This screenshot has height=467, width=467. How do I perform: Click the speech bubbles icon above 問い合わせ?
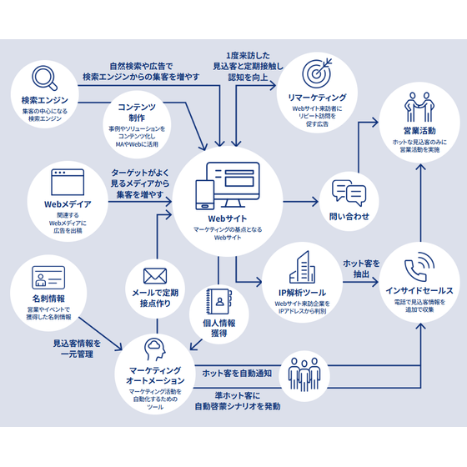coord(349,193)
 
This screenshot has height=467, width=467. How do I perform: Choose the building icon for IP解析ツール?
coord(299,267)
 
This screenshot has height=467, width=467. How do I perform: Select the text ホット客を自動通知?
coord(236,372)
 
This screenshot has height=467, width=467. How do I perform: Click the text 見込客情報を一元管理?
coord(76,349)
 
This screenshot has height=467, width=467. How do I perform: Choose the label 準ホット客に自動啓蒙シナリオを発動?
coord(237,400)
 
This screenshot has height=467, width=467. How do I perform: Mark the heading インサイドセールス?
coord(419,290)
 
